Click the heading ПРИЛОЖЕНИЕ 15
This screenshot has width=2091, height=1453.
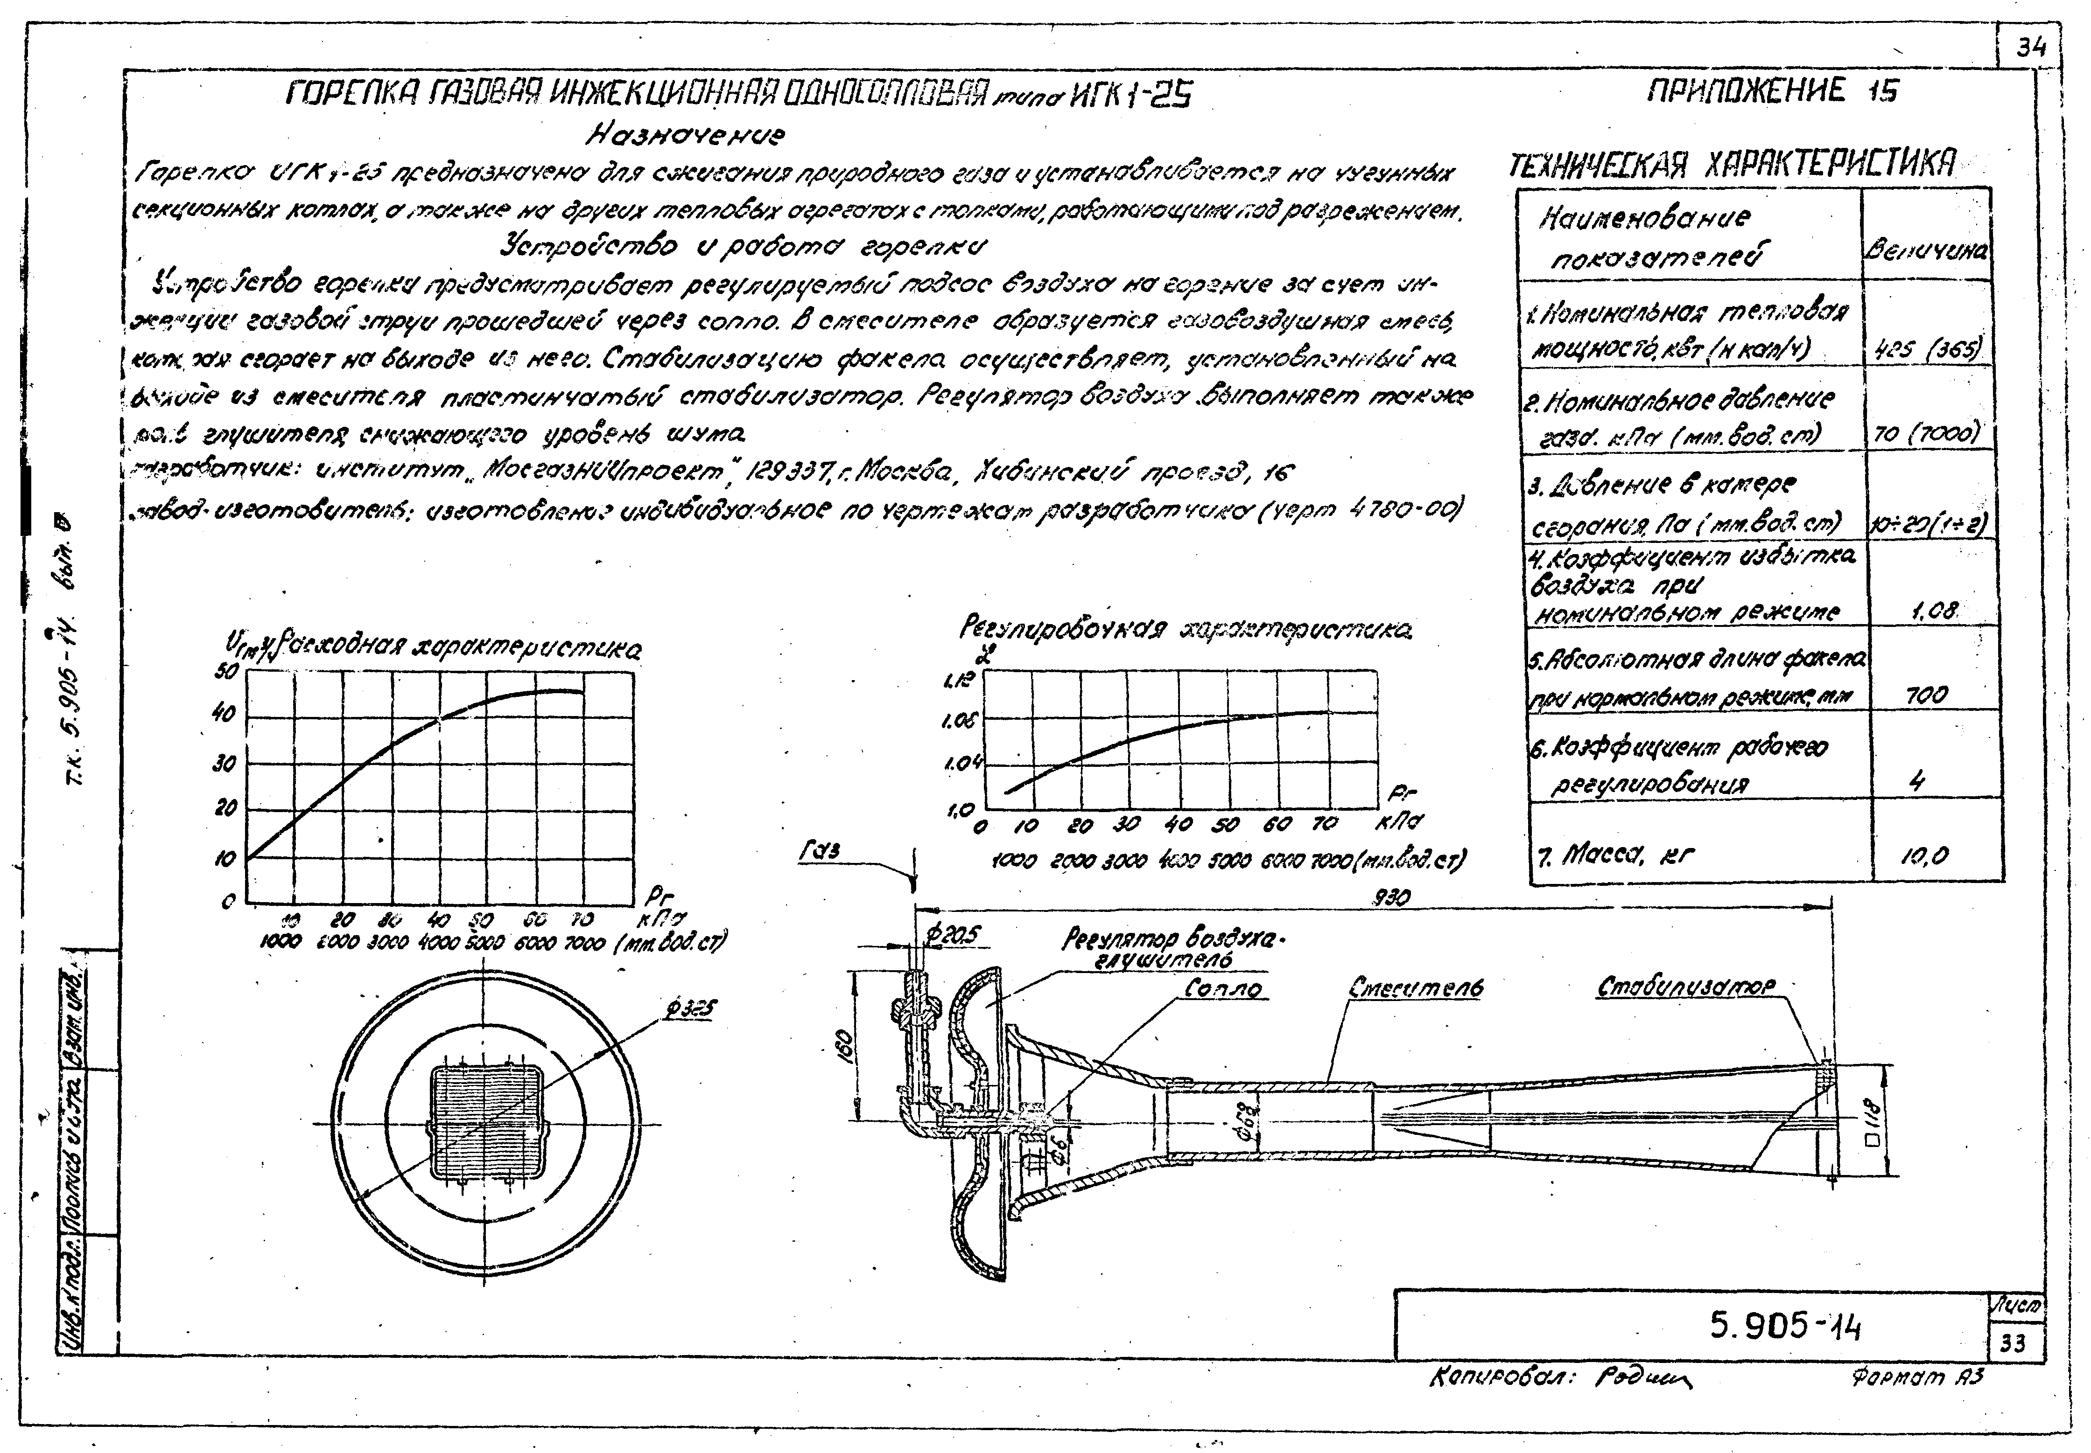tap(1773, 92)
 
